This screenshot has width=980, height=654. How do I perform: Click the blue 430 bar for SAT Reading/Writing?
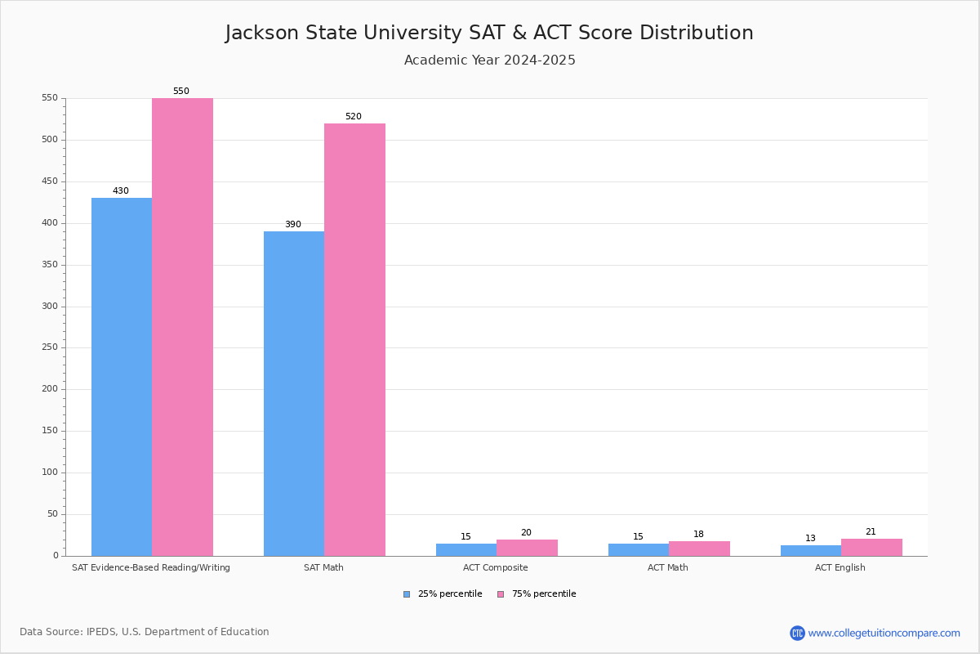click(122, 376)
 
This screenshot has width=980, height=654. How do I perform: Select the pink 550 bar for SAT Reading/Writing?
click(182, 327)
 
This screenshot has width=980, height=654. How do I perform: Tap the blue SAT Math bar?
click(294, 392)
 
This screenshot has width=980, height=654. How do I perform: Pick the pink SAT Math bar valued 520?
click(354, 339)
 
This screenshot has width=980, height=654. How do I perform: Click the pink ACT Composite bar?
click(527, 548)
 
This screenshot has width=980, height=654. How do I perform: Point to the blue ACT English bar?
click(811, 551)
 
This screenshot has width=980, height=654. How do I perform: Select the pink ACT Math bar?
click(699, 549)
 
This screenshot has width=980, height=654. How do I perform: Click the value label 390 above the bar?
click(292, 225)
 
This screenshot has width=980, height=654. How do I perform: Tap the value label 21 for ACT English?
click(871, 532)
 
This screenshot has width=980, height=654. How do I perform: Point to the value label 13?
click(810, 539)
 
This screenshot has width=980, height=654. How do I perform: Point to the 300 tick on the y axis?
click(50, 307)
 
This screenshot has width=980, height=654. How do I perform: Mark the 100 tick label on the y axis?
click(50, 473)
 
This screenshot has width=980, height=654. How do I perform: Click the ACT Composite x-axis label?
click(495, 568)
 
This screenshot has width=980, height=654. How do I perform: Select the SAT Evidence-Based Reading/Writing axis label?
click(151, 568)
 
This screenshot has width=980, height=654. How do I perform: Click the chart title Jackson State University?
click(489, 33)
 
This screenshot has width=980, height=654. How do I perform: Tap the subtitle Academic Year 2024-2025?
click(489, 60)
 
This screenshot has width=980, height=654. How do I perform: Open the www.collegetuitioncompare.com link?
click(884, 633)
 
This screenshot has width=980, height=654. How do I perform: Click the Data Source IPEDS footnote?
click(145, 632)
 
